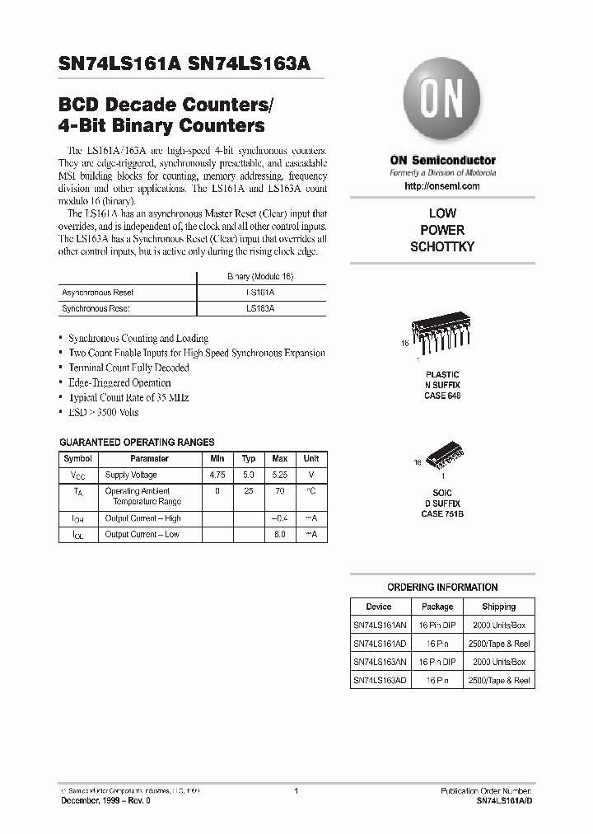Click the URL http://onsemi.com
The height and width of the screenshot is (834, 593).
pyautogui.click(x=442, y=187)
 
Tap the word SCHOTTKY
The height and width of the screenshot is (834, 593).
pyautogui.click(x=442, y=246)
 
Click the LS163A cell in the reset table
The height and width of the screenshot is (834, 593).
pyautogui.click(x=260, y=308)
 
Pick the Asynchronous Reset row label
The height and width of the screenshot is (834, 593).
pyautogui.click(x=98, y=293)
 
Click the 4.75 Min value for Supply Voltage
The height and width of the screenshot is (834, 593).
pyautogui.click(x=217, y=475)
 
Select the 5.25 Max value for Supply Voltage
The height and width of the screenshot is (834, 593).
pyautogui.click(x=279, y=475)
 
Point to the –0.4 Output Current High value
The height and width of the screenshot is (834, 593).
pyautogui.click(x=279, y=518)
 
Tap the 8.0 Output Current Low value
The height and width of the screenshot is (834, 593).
pyautogui.click(x=279, y=535)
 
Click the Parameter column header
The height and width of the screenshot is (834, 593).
pyautogui.click(x=149, y=458)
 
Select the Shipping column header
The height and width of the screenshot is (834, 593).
pyautogui.click(x=498, y=607)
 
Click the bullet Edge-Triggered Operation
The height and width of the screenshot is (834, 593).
pyautogui.click(x=119, y=382)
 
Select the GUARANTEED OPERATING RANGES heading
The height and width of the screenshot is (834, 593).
pyautogui.click(x=137, y=443)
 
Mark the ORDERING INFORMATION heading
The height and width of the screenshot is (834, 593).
pyautogui.click(x=442, y=588)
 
